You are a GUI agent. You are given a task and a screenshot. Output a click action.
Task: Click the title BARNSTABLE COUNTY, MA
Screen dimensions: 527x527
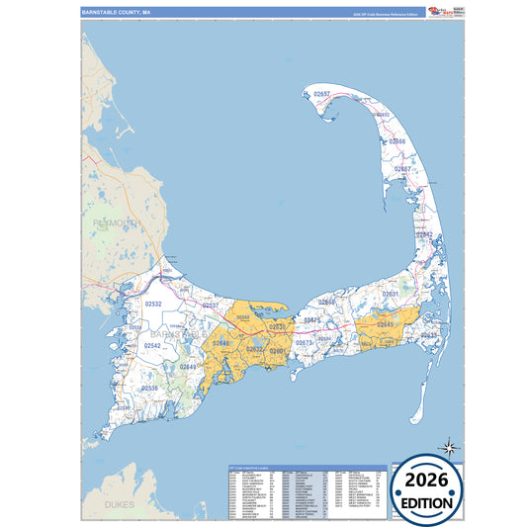[117, 13]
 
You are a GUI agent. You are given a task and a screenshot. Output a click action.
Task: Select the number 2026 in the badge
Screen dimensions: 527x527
[429, 479]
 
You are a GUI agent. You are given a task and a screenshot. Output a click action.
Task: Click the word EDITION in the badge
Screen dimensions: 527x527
[429, 502]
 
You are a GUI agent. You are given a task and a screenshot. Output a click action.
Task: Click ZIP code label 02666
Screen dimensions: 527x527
[396, 142]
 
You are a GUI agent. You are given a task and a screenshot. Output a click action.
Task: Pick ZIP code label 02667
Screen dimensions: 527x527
[402, 169]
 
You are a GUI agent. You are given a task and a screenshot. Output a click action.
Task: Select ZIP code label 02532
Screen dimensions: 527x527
[153, 306]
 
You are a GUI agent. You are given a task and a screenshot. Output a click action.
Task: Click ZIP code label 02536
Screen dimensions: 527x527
[149, 389]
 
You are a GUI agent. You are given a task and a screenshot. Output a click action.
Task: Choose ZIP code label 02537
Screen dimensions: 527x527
[211, 306]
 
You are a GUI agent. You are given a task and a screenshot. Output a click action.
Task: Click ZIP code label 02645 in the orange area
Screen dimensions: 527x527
[383, 324]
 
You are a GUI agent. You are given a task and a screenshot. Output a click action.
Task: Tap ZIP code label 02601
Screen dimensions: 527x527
[278, 352]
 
